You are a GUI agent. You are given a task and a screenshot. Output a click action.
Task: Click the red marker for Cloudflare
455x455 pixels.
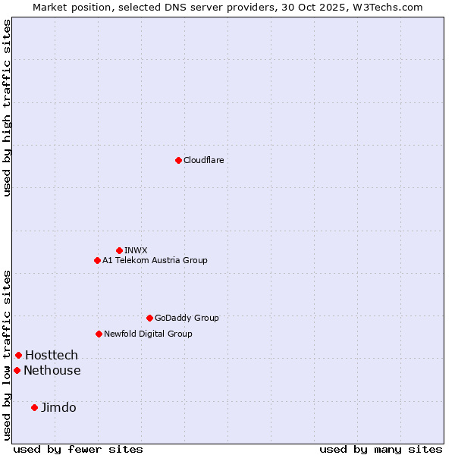[178, 160]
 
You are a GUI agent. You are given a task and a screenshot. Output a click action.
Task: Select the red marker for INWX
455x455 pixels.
[119, 250]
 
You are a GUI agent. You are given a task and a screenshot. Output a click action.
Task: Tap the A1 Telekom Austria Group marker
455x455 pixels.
[97, 260]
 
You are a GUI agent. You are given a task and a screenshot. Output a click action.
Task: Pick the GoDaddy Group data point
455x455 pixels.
[149, 318]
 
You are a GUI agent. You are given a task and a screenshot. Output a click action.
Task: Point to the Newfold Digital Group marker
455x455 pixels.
[99, 334]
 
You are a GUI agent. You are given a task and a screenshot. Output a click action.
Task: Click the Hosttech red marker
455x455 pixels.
[18, 355]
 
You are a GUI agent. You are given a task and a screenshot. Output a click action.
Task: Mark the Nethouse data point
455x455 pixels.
[17, 370]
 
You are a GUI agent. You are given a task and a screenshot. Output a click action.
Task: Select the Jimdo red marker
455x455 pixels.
[34, 407]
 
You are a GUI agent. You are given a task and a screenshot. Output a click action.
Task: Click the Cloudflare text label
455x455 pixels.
[203, 160]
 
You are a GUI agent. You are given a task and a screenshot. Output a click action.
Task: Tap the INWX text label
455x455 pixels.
[136, 250]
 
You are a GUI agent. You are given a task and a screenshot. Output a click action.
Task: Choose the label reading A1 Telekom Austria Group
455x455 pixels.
[155, 260]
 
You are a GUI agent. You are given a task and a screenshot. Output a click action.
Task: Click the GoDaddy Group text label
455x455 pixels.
[187, 318]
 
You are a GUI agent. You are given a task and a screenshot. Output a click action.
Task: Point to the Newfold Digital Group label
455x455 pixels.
[148, 334]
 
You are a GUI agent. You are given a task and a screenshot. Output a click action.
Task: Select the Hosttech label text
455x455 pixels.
[52, 355]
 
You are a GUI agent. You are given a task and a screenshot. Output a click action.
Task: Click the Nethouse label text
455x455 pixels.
[52, 370]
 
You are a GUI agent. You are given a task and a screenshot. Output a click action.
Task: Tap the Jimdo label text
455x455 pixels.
[58, 407]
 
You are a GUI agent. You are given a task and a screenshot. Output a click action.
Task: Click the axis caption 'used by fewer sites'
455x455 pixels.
[78, 449]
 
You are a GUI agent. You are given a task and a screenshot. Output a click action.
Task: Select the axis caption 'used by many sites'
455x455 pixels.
[381, 449]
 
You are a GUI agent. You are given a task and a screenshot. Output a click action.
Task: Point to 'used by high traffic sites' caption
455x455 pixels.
[7, 108]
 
